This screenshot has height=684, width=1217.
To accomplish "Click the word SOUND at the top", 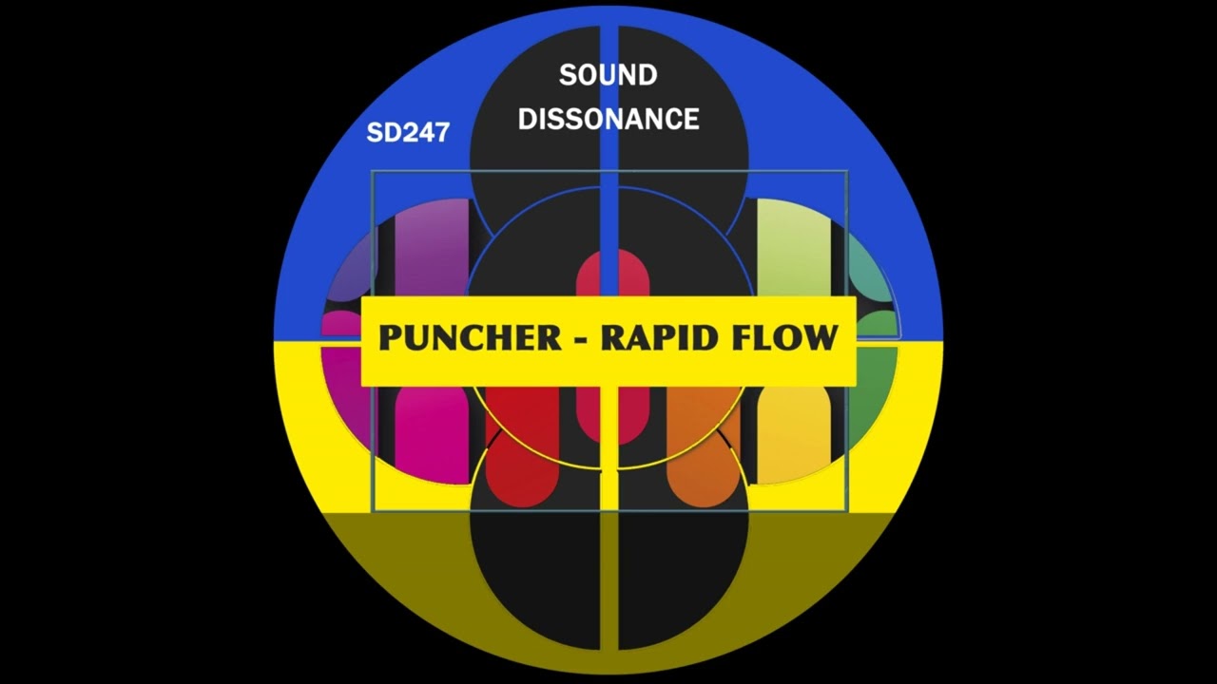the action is pyautogui.click(x=608, y=75).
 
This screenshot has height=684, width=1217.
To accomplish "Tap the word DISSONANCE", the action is pyautogui.click(x=608, y=119).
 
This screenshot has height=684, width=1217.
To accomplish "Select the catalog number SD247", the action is pyautogui.click(x=407, y=133).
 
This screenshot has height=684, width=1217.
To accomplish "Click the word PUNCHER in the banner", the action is pyautogui.click(x=470, y=338).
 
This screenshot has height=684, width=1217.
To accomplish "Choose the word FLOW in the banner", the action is pyautogui.click(x=782, y=338).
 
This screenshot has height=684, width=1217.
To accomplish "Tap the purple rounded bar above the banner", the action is pyautogui.click(x=433, y=247).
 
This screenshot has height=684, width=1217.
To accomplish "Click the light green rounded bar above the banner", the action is pyautogui.click(x=792, y=247).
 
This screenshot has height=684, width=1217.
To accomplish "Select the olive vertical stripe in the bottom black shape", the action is pyautogui.click(x=608, y=579).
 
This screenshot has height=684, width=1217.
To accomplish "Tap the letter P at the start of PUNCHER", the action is pyautogui.click(x=390, y=338).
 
